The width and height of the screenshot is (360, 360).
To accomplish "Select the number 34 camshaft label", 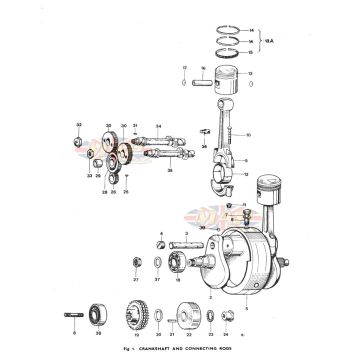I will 157,126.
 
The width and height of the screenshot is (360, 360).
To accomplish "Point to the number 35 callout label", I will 170,171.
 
